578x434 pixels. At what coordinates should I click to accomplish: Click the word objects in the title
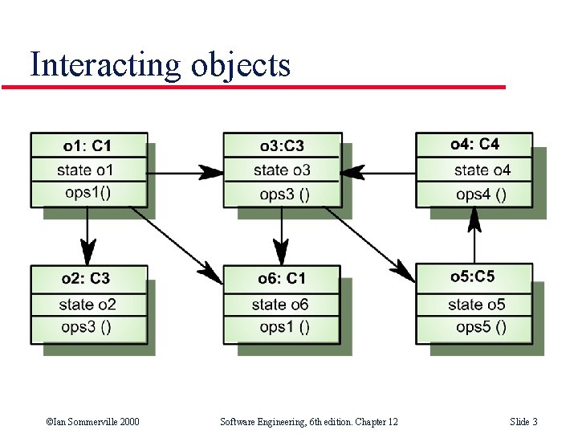(x=241, y=65)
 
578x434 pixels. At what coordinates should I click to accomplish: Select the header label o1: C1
(x=88, y=145)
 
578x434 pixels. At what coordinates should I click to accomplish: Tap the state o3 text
(x=282, y=170)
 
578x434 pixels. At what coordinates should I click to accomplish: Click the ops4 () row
(x=481, y=194)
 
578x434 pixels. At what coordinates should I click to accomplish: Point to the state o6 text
(x=280, y=304)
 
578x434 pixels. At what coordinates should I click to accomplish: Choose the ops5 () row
(x=481, y=326)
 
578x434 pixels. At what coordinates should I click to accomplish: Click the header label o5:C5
(x=473, y=276)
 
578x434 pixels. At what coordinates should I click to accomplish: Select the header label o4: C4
(x=474, y=144)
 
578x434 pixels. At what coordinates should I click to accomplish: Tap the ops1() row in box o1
(x=88, y=193)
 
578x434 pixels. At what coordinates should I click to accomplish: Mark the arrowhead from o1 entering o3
(x=212, y=172)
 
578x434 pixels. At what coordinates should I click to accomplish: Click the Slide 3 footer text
(x=523, y=422)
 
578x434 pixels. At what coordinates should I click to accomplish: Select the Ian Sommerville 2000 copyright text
(x=92, y=422)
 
